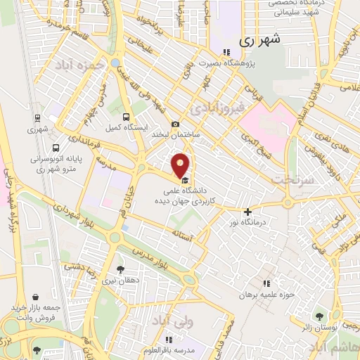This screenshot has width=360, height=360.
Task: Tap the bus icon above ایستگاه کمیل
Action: tap(126, 117)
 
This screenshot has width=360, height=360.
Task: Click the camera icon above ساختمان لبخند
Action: tap(176, 124)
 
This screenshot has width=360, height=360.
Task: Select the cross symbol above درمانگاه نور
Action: tap(247, 212)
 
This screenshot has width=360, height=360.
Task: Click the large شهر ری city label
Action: tap(259, 40)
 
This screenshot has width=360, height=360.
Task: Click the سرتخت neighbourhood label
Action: tap(290, 179)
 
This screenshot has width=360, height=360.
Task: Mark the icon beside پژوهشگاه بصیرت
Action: tap(226, 52)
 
